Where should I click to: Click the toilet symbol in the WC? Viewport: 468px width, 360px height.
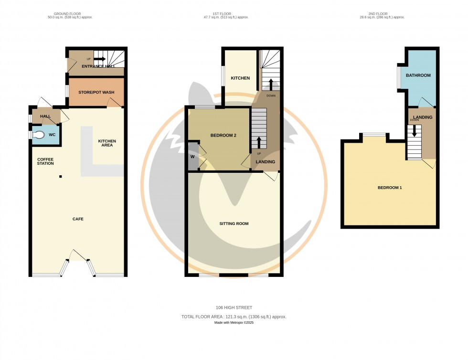(38, 135)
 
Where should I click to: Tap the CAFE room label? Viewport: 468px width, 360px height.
(78, 219)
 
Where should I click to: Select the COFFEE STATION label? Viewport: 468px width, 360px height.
(46, 161)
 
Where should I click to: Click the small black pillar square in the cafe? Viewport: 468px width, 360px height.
(61, 177)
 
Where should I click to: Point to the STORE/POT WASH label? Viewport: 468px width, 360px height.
(96, 93)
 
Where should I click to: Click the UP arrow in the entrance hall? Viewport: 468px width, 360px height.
(99, 59)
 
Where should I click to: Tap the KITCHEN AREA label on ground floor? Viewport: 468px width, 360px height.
(107, 143)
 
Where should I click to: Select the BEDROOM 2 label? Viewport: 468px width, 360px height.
(223, 136)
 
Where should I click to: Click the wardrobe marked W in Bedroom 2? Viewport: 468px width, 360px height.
(193, 156)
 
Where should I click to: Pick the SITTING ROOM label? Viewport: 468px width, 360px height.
(234, 223)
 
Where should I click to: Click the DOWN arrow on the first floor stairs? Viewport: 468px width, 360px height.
(271, 84)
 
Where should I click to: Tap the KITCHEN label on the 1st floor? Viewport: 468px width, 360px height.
(240, 78)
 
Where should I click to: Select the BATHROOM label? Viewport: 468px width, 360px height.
(418, 75)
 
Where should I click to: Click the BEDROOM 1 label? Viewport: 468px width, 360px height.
(390, 188)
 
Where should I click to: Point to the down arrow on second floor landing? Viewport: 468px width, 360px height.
(414, 130)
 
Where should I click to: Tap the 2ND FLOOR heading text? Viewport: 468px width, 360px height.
(387, 14)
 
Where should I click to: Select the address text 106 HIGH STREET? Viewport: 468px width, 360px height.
(234, 307)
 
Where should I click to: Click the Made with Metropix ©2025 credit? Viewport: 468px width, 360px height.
(234, 323)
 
